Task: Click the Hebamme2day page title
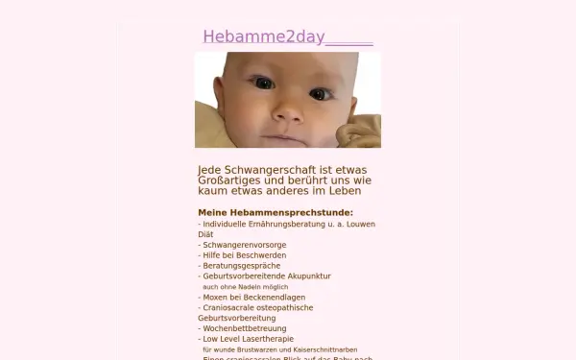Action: click(264, 37)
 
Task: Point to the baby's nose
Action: click(285, 112)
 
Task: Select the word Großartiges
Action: click(230, 180)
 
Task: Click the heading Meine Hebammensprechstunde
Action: click(276, 212)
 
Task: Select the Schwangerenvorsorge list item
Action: click(244, 245)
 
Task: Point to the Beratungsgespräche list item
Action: click(240, 266)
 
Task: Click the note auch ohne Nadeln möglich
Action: click(246, 287)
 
